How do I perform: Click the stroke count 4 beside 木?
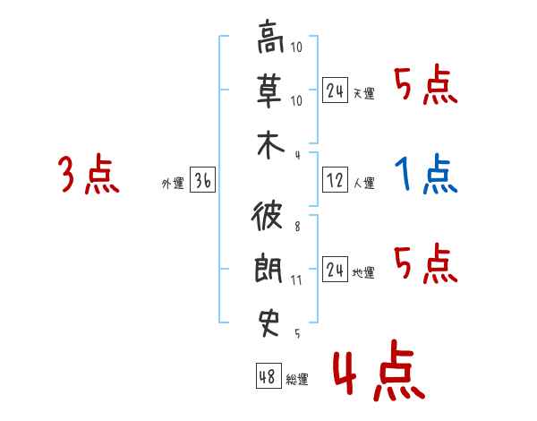296,154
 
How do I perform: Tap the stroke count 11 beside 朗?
297,280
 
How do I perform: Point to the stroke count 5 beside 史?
296,333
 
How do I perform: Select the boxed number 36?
202,182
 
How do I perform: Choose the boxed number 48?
267,376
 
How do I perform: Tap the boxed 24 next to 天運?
336,90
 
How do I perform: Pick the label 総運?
297,380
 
